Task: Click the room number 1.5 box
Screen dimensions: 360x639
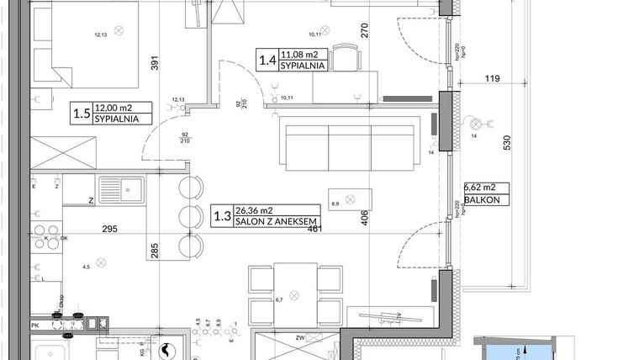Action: pos(81,113)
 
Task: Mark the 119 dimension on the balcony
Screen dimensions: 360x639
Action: pos(493,80)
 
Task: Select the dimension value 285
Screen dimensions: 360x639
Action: pos(154,249)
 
